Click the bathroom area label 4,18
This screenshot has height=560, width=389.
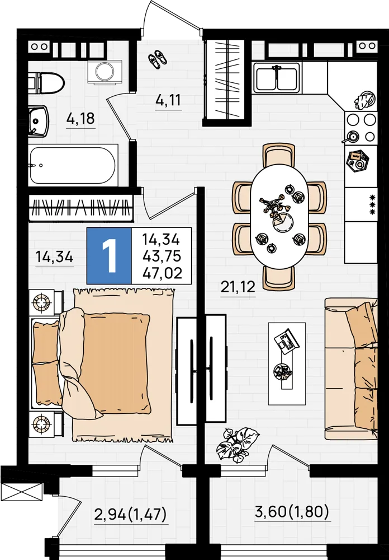click(x=80, y=118)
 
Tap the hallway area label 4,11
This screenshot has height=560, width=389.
click(x=168, y=100)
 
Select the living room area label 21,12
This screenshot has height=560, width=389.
click(x=238, y=286)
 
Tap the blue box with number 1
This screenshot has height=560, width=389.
click(x=109, y=256)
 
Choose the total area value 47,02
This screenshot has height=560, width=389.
click(x=162, y=273)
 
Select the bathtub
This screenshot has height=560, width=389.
click(x=73, y=165)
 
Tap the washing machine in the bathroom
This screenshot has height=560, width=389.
click(x=105, y=72)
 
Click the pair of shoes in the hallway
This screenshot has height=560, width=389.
click(x=157, y=59)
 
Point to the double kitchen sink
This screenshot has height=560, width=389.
click(x=276, y=78)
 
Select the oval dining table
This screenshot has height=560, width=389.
click(x=279, y=216)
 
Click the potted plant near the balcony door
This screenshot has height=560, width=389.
click(x=237, y=445)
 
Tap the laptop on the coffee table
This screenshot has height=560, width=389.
click(x=287, y=340)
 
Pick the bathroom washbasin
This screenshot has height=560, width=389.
click(x=39, y=122)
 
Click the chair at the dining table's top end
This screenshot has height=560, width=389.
click(x=279, y=155)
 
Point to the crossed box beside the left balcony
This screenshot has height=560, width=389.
click(x=22, y=492)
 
